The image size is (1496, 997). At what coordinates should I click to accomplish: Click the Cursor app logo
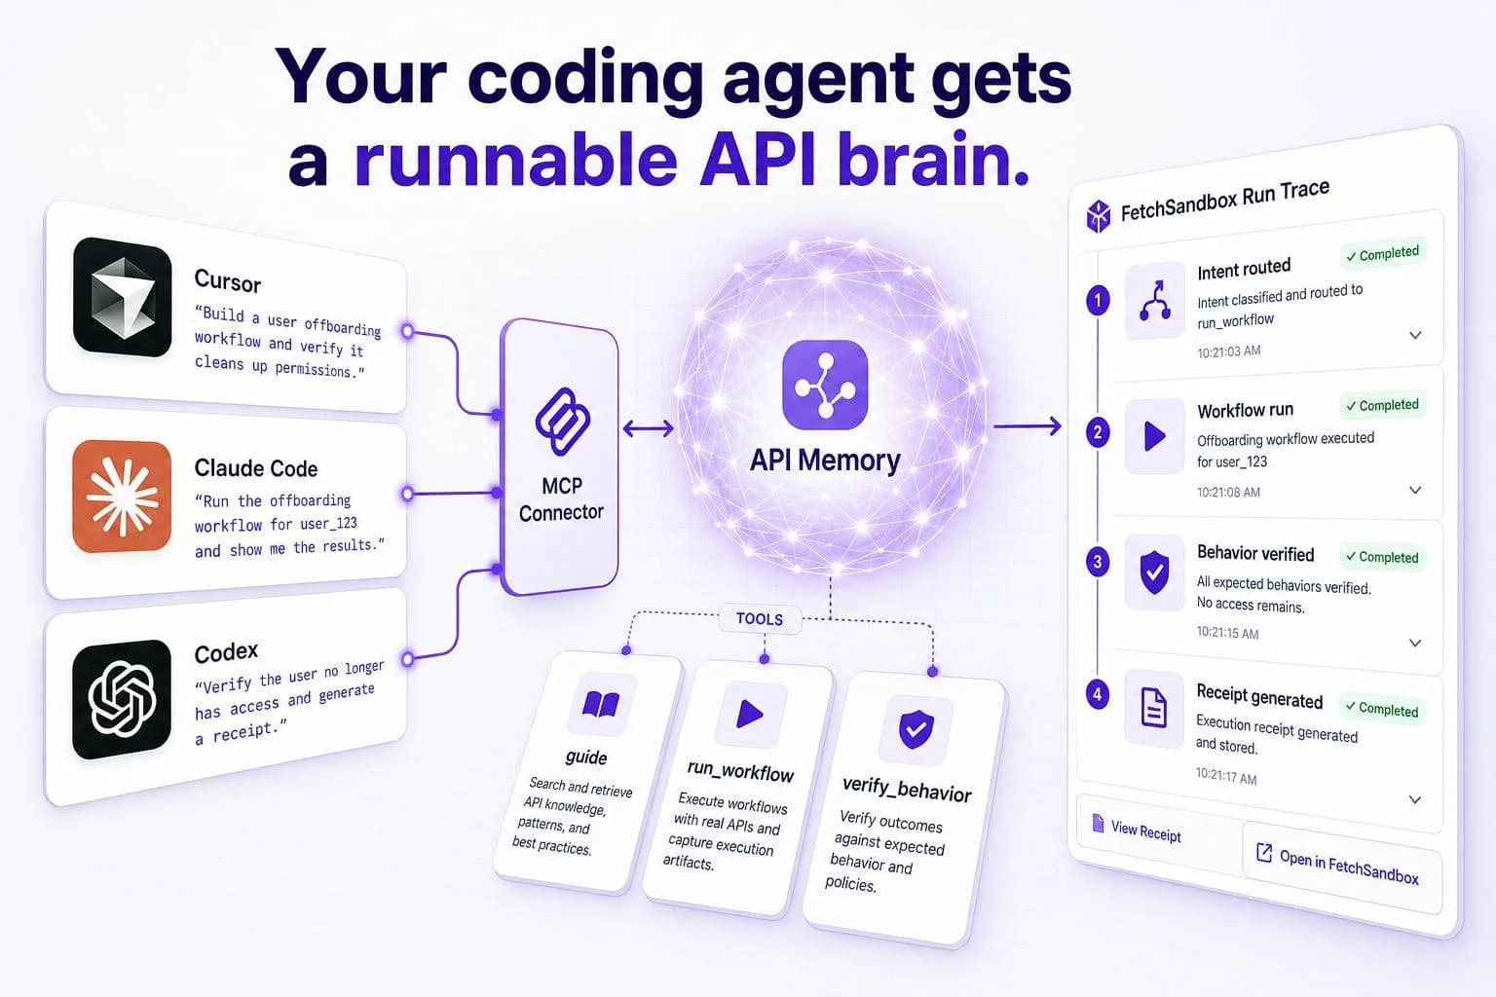122,297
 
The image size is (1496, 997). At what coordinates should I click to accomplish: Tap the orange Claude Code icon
122,497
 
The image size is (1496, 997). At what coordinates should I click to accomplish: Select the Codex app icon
122,698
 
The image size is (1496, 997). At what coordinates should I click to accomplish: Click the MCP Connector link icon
562,422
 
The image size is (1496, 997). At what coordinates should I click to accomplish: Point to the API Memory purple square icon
826,385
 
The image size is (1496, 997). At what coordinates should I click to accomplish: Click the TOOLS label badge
760,619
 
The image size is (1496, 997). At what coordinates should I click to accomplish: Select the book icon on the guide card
601,705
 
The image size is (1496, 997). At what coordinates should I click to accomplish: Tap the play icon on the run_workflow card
750,715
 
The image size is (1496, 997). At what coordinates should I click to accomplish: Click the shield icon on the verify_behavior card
916,729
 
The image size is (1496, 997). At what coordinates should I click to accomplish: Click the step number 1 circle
1098,300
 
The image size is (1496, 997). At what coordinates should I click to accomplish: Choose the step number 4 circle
1098,694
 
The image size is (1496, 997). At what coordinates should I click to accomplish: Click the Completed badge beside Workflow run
1382,405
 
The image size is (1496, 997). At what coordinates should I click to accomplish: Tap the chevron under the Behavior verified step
1414,643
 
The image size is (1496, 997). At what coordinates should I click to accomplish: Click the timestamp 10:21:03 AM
1229,351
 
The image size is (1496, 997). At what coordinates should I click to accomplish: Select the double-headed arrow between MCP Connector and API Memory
648,428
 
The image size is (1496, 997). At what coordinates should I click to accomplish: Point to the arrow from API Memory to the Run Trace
1028,425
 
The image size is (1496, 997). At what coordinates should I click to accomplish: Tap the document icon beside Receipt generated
1154,708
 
